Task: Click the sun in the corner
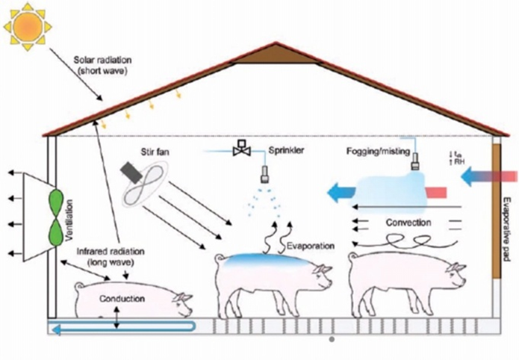coord(28,26)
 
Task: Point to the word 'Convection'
coord(408,222)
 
